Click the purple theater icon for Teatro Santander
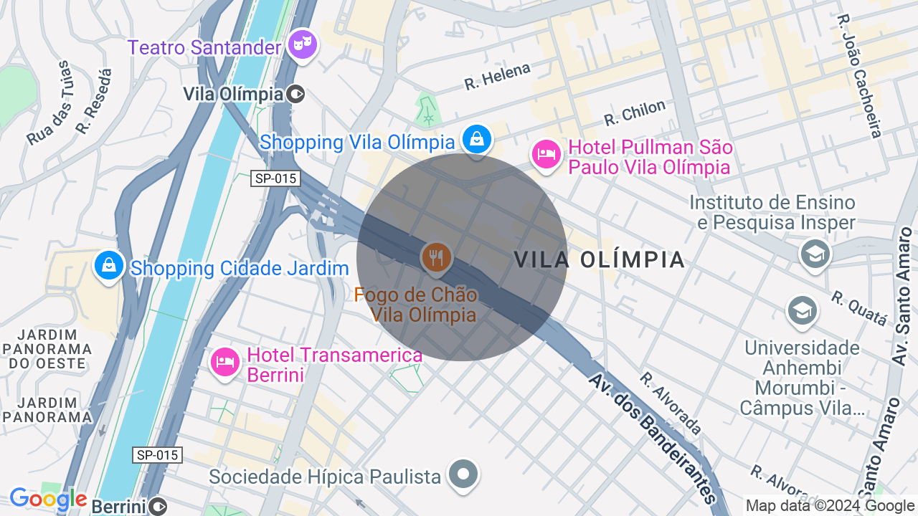[x=302, y=45]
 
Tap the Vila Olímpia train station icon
[x=295, y=94]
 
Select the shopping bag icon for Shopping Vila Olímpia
[x=476, y=139]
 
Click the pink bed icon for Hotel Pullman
[x=546, y=155]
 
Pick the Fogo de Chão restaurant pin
[x=435, y=257]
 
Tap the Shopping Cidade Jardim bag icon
[x=109, y=265]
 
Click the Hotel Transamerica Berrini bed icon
[x=225, y=362]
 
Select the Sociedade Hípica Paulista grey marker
[x=463, y=474]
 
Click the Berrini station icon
[x=157, y=506]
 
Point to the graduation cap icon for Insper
[x=815, y=254]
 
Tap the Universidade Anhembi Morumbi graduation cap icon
[x=801, y=311]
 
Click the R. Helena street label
[x=497, y=76]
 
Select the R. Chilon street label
[x=635, y=113]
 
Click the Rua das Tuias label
[x=48, y=104]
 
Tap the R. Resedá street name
[x=95, y=102]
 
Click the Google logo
[x=48, y=500]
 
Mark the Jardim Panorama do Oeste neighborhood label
[x=47, y=349]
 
